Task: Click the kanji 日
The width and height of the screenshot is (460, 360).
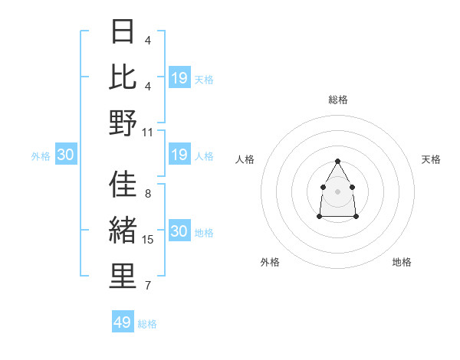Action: pyautogui.click(x=123, y=31)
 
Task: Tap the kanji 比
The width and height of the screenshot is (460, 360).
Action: pyautogui.click(x=123, y=77)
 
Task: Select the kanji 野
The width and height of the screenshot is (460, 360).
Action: pyautogui.click(x=123, y=123)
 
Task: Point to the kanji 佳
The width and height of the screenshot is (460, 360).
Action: pyautogui.click(x=123, y=185)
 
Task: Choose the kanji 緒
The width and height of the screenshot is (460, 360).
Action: pyautogui.click(x=123, y=231)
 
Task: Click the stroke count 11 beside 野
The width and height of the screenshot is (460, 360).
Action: pyautogui.click(x=148, y=132)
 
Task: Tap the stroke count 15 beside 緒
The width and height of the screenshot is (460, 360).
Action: pyautogui.click(x=148, y=240)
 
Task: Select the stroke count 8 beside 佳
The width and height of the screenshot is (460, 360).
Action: pyautogui.click(x=147, y=194)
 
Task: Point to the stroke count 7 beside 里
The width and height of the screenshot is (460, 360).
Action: pyautogui.click(x=147, y=286)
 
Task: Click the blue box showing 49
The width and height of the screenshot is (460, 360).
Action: pyautogui.click(x=123, y=322)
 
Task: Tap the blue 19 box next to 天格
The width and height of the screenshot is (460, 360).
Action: pyautogui.click(x=179, y=78)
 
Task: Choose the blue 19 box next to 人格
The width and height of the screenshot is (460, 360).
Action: pyautogui.click(x=179, y=155)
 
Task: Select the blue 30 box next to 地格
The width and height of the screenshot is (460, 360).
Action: pyautogui.click(x=179, y=232)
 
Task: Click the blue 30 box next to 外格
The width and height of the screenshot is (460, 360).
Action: pyautogui.click(x=66, y=155)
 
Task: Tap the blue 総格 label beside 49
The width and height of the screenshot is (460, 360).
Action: pyautogui.click(x=148, y=324)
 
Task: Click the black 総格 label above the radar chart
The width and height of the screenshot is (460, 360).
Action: pyautogui.click(x=338, y=100)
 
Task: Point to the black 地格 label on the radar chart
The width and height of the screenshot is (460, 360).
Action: pyautogui.click(x=402, y=262)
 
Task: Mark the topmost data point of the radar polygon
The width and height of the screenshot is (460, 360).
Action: pyautogui.click(x=337, y=161)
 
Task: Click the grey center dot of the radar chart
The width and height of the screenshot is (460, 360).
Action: pyautogui.click(x=337, y=190)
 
